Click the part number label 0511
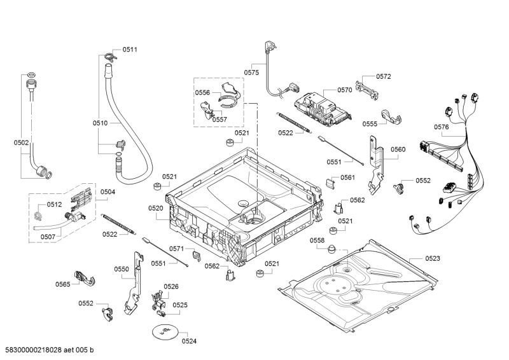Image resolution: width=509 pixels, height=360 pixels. (x=130, y=49)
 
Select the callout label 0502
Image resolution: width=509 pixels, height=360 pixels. (x=21, y=144)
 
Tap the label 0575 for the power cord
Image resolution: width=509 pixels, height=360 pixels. (x=252, y=73)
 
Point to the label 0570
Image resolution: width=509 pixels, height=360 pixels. (x=344, y=90)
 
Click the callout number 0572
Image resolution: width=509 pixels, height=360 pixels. (x=383, y=76)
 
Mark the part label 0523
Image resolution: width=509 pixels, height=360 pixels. (x=433, y=258)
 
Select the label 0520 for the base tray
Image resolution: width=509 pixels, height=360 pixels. (x=156, y=208)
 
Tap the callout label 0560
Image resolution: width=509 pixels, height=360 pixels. (x=398, y=149)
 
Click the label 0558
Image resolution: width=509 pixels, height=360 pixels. (x=317, y=240)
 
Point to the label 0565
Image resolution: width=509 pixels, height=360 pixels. (x=62, y=284)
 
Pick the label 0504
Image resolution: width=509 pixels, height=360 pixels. (x=108, y=191)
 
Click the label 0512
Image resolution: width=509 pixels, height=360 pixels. (x=54, y=205)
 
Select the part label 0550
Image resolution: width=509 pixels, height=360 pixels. (x=122, y=269)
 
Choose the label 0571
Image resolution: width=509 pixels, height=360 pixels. (x=176, y=249)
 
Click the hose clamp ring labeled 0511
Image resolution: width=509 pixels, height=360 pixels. (x=109, y=58)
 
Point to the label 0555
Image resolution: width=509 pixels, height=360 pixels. (x=370, y=124)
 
